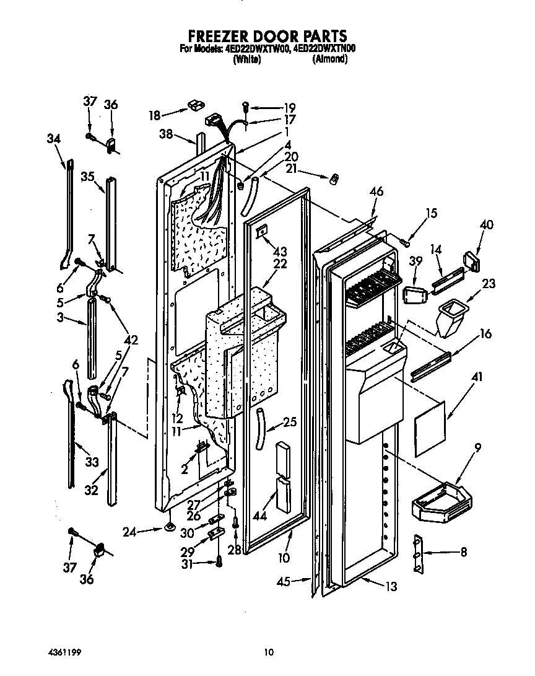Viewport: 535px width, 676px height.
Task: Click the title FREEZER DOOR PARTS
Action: [x=267, y=36]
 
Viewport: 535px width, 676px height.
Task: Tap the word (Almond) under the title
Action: [x=329, y=59]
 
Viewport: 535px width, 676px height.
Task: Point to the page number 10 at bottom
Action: [x=268, y=652]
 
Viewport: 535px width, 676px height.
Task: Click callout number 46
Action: [x=376, y=193]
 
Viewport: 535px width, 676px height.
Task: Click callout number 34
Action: [x=54, y=139]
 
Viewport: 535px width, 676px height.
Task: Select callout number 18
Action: [x=155, y=115]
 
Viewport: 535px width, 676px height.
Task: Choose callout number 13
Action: [x=390, y=587]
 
